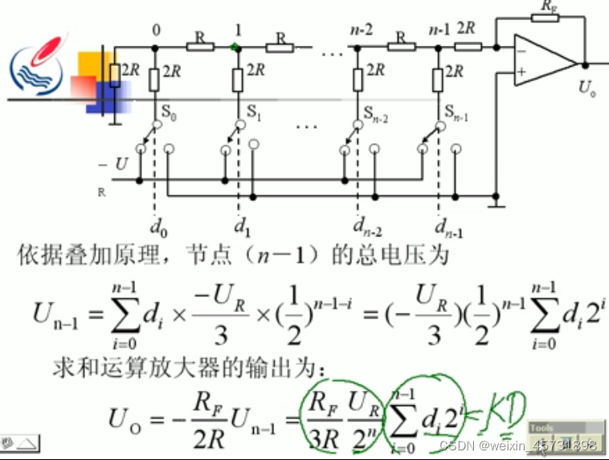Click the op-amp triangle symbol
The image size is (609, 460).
543,61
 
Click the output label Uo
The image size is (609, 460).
587,88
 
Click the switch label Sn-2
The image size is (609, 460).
376,117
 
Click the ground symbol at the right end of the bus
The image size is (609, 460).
498,206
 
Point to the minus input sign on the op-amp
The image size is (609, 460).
522,50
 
